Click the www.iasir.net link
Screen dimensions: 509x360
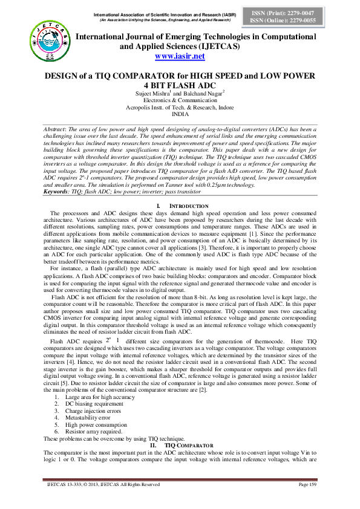pos(180,56)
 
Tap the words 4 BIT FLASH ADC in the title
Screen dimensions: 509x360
pos(180,85)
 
